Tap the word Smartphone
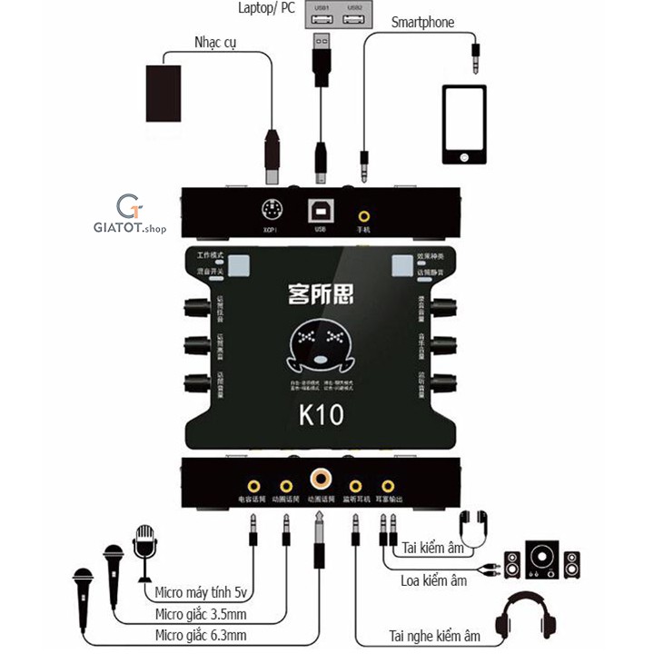coord(423,22)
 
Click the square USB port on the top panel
coord(320,207)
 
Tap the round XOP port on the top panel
coord(269,207)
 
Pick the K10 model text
coord(321,416)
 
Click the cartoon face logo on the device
coord(320,347)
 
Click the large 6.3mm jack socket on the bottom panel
coord(320,477)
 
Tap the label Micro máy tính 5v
coord(202,594)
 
